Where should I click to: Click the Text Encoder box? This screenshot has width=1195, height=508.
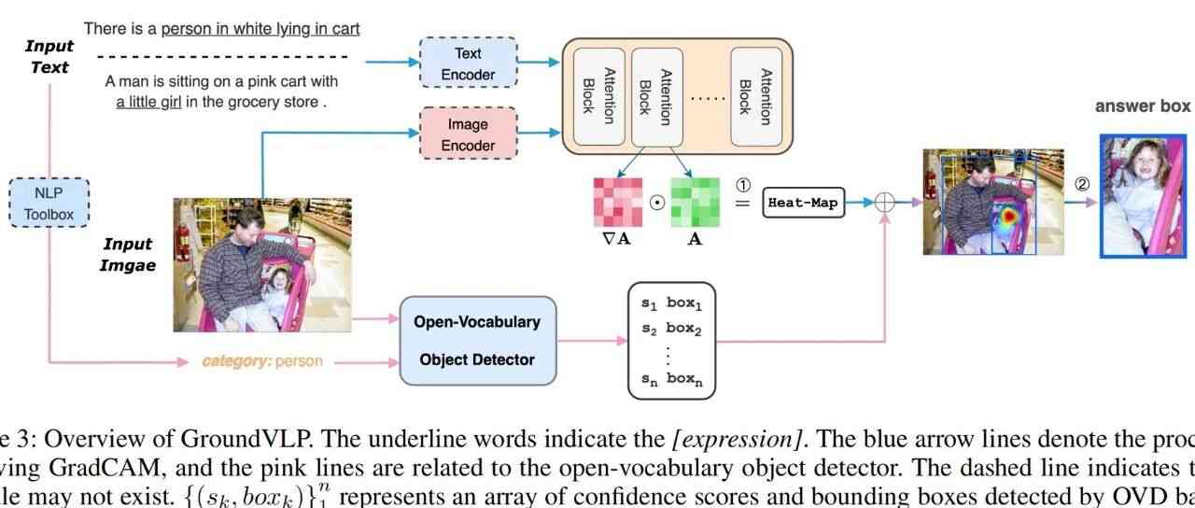[468, 63]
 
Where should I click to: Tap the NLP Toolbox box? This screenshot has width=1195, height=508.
[49, 204]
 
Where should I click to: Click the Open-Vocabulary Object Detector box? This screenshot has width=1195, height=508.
[477, 340]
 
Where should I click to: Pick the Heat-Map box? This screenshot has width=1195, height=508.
[803, 202]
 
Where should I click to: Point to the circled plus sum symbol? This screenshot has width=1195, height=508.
[884, 202]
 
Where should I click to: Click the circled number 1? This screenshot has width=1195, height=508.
[744, 183]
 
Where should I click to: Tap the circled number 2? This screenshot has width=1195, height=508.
[1082, 183]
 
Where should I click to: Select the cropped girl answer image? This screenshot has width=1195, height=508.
[1143, 195]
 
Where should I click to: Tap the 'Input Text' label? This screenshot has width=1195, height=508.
[49, 56]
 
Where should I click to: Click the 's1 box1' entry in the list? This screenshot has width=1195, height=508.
[671, 303]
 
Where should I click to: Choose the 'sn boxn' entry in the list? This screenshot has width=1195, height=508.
[671, 379]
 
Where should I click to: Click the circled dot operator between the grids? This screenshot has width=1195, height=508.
[657, 203]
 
